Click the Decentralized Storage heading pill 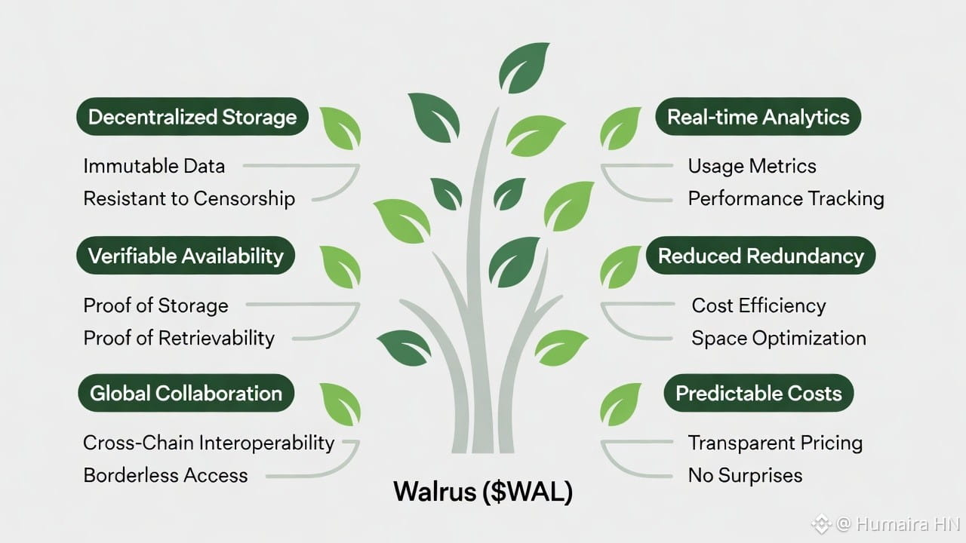192,117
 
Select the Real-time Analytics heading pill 758,117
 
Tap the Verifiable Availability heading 186,256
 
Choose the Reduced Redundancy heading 761,256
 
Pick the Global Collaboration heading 186,393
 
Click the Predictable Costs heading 758,393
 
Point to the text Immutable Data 154,166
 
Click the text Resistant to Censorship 189,198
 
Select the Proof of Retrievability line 179,338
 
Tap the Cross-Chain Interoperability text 208,443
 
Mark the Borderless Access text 165,475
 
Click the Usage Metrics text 752,166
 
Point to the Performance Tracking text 786,198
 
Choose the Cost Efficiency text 758,305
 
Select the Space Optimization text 778,338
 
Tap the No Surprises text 745,475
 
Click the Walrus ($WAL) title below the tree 483,492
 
